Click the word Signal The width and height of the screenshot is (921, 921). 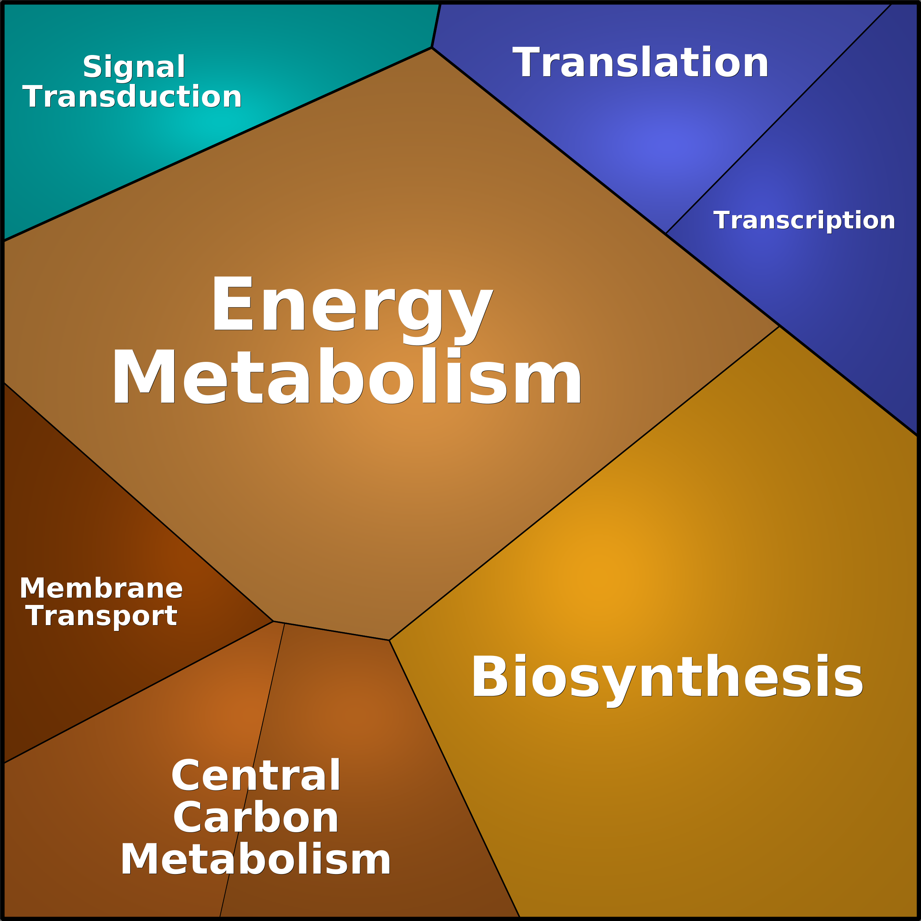coord(134,67)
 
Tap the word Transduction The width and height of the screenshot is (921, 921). coord(132,97)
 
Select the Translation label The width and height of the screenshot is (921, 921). coord(640,62)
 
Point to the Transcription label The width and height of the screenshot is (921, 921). coord(804,220)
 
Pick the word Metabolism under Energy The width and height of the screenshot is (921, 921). coord(346,377)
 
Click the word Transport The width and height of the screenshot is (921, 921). coord(102,616)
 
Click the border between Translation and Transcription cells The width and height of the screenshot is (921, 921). coord(778,119)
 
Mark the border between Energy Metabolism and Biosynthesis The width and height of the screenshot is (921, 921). coord(584,483)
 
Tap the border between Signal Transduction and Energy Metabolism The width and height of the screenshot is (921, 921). coord(217,144)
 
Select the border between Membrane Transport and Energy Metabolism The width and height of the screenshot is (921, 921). coord(138,502)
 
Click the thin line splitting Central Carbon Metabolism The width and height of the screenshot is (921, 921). coord(252,770)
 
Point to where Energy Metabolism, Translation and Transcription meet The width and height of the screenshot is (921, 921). coord(665,234)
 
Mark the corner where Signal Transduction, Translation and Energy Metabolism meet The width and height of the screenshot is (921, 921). coord(432,48)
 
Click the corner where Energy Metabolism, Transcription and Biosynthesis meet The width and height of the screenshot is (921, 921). coord(779,326)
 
